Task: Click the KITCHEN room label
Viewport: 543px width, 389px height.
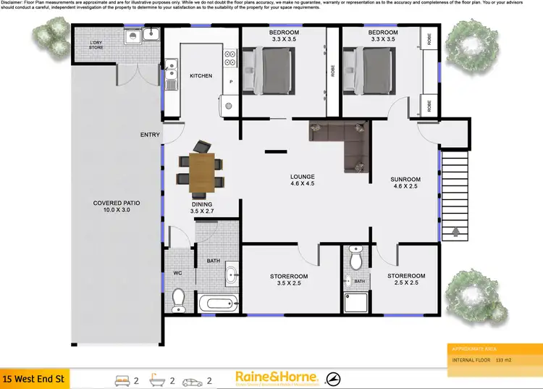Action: (201, 76)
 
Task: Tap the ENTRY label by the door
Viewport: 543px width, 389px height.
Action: (150, 135)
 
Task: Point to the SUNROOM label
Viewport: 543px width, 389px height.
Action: (405, 179)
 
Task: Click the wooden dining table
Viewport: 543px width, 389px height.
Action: (202, 174)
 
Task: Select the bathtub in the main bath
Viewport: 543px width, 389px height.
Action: (218, 304)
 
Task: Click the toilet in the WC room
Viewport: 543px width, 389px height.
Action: (179, 298)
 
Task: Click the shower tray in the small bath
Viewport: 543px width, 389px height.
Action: (357, 302)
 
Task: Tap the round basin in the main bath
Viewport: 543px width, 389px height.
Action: (232, 275)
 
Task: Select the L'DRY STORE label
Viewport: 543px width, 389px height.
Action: (96, 46)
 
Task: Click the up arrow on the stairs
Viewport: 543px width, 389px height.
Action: (456, 233)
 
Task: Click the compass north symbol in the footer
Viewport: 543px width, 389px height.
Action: (334, 358)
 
